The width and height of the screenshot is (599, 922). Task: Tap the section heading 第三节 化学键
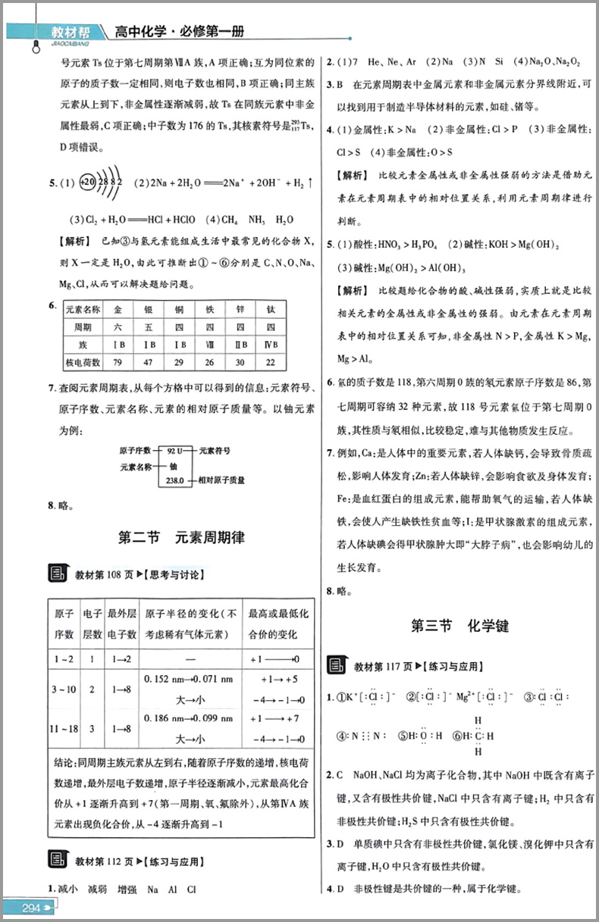[x=459, y=626]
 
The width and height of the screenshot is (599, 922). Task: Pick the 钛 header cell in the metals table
[x=271, y=310]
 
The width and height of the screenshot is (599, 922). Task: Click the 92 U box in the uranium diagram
[x=177, y=450]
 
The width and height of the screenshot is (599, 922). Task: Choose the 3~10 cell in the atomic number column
[x=64, y=689]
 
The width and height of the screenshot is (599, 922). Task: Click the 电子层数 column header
[x=91, y=624]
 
